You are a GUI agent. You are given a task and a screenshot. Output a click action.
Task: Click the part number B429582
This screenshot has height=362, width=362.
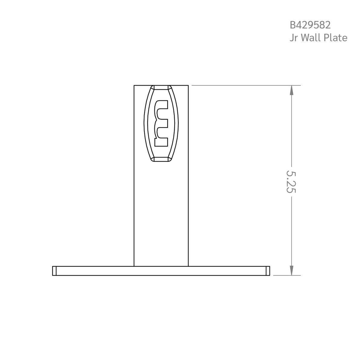coord(310,25)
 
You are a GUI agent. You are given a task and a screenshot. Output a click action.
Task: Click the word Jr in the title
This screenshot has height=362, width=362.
coord(294,38)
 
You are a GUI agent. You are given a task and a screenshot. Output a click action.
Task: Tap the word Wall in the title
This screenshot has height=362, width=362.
coord(312,38)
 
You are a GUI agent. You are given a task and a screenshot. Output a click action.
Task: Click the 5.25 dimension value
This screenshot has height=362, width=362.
coord(291,182)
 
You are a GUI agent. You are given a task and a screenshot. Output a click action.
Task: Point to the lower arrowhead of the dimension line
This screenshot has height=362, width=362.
coord(291,270)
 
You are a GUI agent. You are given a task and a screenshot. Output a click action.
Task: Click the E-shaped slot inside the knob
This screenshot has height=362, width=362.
coord(161,123)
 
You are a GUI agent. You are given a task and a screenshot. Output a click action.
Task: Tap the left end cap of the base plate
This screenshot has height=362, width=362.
coord(54,271)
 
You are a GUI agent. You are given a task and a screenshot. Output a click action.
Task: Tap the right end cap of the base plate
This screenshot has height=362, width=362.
coord(268,271)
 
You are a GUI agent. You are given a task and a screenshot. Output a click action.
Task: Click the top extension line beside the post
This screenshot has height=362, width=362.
coord(245,86)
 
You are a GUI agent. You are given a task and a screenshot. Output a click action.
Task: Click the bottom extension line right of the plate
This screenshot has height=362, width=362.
coord(286,276)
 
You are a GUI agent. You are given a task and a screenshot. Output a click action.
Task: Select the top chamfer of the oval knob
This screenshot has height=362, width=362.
coord(161,87)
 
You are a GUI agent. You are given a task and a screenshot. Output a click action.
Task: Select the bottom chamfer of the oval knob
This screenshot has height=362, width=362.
coord(161,159)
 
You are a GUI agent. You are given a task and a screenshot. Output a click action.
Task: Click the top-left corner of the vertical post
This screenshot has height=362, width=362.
coord(134,86)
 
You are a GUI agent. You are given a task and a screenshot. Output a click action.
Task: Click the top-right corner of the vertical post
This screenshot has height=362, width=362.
coord(188,86)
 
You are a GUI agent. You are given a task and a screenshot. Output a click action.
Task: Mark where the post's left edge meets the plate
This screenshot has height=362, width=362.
coord(134,266)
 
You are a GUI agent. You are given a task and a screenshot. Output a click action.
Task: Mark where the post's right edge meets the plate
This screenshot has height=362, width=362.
coord(188,266)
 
